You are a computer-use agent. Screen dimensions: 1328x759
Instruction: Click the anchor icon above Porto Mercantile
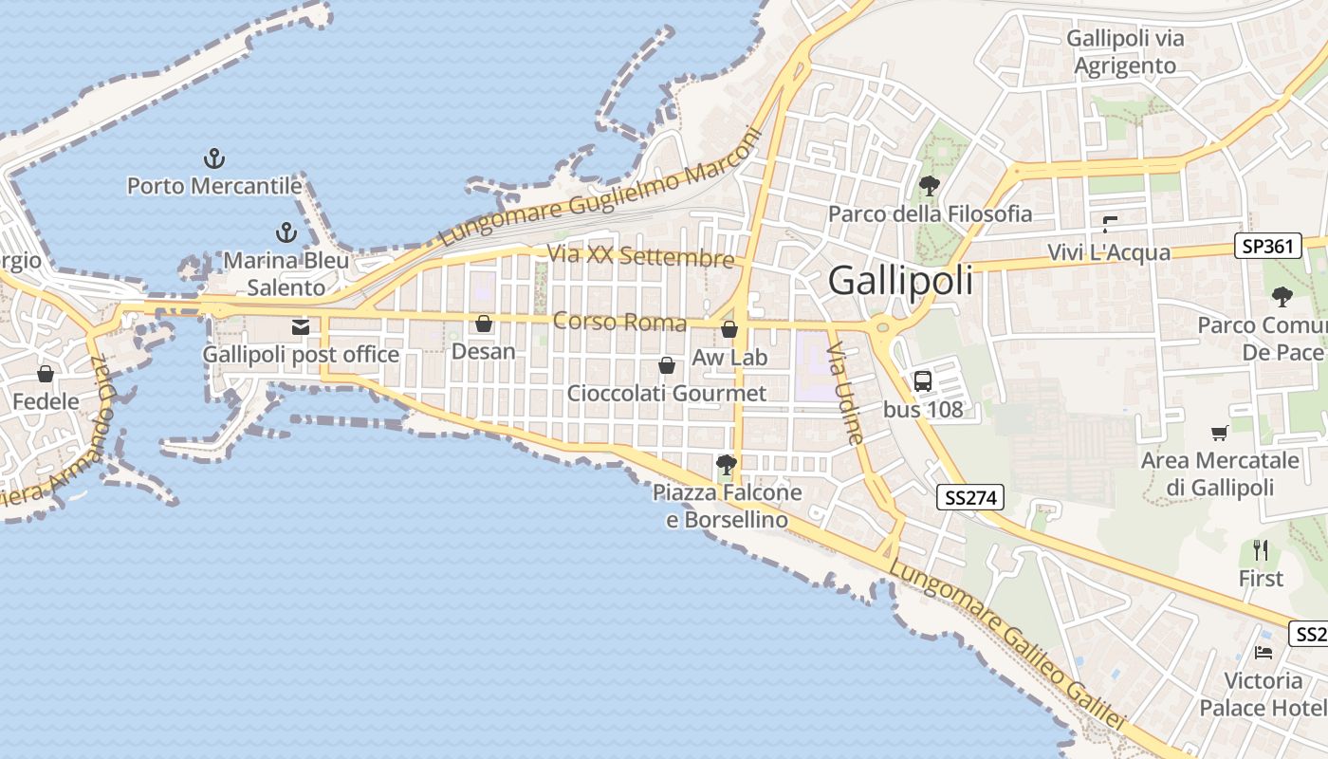click(x=214, y=157)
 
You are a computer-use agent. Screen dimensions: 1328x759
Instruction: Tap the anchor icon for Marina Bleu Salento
click(x=286, y=231)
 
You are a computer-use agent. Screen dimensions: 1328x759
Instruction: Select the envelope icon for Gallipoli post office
click(x=301, y=327)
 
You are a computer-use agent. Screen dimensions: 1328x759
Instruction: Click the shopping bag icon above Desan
click(x=484, y=324)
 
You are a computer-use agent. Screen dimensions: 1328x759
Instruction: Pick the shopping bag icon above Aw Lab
click(x=729, y=329)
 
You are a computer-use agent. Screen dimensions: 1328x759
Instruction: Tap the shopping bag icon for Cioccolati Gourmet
click(x=667, y=365)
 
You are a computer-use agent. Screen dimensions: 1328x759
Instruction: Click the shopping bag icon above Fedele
click(x=45, y=374)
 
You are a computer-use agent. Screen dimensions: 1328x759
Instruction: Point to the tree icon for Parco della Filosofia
click(x=930, y=185)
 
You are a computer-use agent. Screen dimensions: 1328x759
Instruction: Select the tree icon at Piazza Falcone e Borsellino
click(x=727, y=465)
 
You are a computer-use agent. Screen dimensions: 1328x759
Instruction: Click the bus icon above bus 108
click(x=922, y=381)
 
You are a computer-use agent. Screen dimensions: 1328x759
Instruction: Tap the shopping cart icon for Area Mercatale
click(x=1220, y=434)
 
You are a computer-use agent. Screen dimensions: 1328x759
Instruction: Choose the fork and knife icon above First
click(x=1261, y=549)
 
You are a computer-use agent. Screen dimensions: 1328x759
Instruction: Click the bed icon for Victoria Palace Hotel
click(x=1263, y=652)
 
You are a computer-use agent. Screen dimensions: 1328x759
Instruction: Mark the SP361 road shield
click(x=1266, y=247)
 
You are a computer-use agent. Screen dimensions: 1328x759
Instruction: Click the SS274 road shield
click(x=970, y=496)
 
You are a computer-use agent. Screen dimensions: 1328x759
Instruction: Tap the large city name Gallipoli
click(x=900, y=281)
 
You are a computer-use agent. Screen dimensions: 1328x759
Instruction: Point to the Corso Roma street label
click(x=619, y=322)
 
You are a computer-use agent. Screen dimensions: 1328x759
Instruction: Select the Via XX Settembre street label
click(x=640, y=256)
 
